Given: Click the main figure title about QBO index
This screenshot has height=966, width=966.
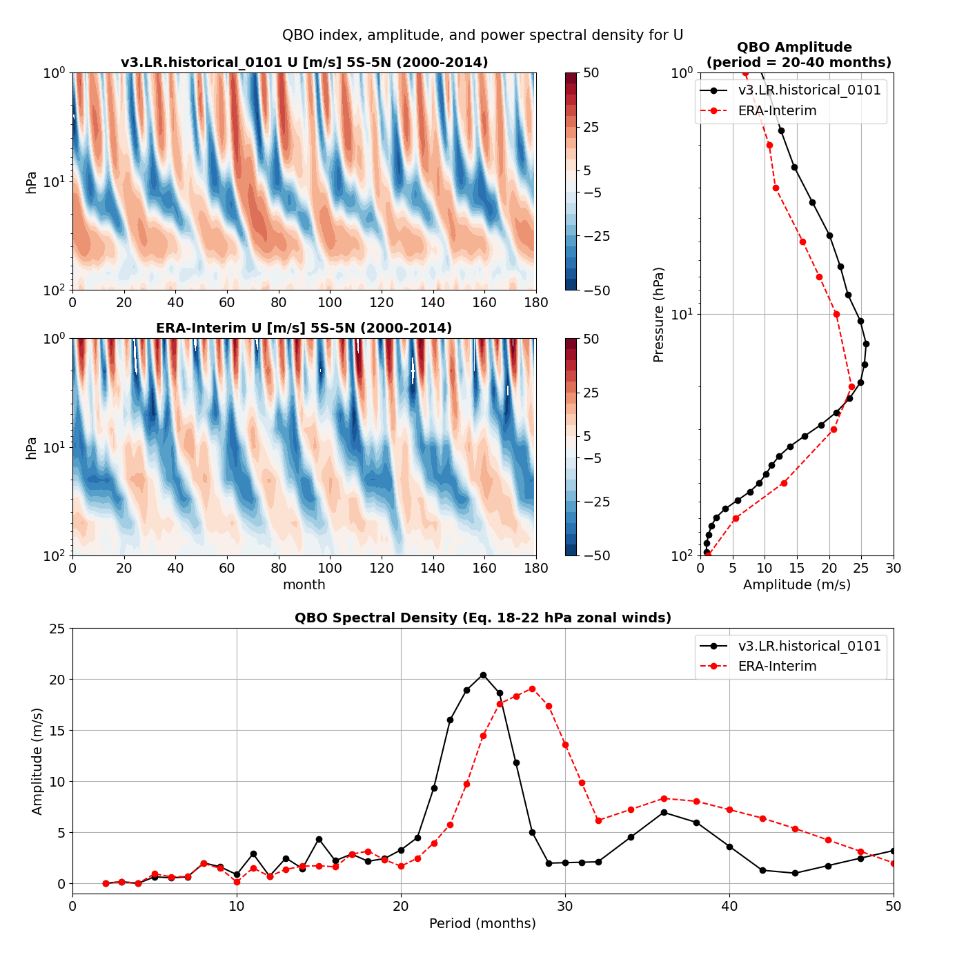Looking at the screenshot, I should tap(482, 35).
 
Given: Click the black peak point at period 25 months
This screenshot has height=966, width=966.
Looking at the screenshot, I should tap(483, 675).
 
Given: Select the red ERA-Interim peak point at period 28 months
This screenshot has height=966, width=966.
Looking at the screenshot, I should tap(532, 689).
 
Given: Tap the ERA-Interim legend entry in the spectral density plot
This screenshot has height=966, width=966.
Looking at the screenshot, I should tap(777, 667).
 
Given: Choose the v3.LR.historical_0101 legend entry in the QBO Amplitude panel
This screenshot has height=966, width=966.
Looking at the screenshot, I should tap(809, 90).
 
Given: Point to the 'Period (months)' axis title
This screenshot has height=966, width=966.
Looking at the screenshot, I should tap(482, 923).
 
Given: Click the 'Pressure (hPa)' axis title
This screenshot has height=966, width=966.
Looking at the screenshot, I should tap(659, 315).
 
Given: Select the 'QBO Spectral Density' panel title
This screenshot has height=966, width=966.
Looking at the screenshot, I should tap(482, 618).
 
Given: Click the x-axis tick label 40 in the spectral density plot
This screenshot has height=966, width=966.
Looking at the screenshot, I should tap(729, 906).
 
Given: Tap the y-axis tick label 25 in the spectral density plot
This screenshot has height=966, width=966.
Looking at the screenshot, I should tap(57, 629).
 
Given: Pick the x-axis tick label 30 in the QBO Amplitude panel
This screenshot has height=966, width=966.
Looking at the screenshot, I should tap(894, 568).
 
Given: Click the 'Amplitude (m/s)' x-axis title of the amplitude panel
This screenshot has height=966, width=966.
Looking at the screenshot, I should tap(796, 585).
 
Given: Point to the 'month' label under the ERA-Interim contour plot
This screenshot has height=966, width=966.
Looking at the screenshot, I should tap(304, 585).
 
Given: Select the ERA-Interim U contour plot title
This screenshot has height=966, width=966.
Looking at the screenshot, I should tap(304, 328).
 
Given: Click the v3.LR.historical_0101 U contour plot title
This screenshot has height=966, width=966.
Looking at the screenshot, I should tap(304, 63).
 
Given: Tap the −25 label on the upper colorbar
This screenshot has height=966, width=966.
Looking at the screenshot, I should tap(596, 236).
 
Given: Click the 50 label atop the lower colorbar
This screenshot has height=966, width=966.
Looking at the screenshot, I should tap(591, 339).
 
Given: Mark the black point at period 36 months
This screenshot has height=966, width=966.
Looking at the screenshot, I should tap(664, 812).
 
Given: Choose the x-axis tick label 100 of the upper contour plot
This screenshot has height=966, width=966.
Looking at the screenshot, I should tap(330, 302).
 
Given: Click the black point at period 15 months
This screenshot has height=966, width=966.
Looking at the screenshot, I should tap(319, 839).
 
